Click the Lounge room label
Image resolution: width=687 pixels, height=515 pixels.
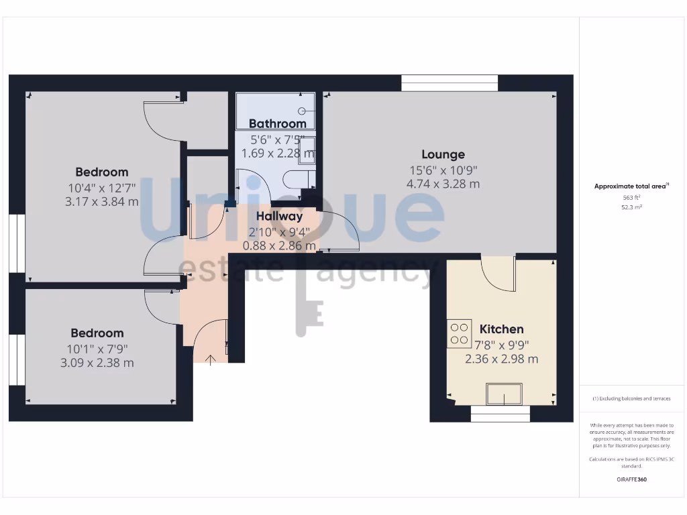(443, 155)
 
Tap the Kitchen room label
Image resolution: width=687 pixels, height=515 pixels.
(501, 329)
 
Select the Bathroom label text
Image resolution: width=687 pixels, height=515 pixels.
(277, 123)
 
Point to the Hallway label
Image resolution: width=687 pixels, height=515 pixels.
(279, 216)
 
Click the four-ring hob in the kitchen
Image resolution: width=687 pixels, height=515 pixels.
(460, 334)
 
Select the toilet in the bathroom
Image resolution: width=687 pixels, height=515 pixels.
(297, 180)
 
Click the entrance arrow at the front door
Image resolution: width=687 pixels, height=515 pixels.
(211, 361)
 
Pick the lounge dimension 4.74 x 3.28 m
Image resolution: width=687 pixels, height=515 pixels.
(443, 184)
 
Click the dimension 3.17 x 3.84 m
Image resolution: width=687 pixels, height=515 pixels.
(102, 201)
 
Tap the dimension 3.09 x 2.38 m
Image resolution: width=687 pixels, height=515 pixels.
(97, 363)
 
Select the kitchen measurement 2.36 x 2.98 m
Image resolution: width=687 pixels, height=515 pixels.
(501, 359)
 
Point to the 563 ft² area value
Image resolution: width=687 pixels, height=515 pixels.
(631, 198)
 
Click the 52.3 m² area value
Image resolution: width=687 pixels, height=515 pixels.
(631, 208)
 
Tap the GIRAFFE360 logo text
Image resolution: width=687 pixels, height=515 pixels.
(631, 479)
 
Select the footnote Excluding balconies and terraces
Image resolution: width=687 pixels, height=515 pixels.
(631, 398)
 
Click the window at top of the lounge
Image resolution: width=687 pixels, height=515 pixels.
(450, 83)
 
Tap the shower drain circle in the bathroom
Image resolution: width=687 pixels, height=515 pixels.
(302, 111)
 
